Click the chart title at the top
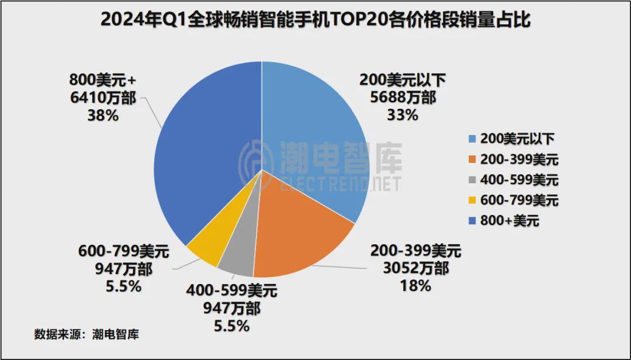click(315, 20)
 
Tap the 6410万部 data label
click(102, 98)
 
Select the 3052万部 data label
click(416, 269)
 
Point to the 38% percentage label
click(102, 115)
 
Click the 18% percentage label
click(416, 286)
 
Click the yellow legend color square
click(472, 200)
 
